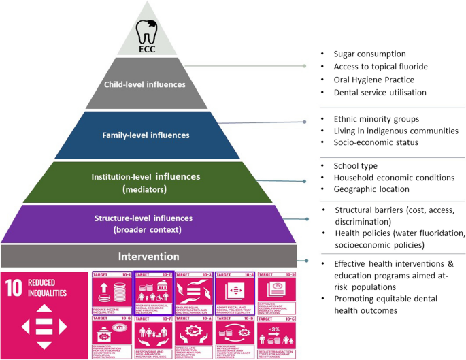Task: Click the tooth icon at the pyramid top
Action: [148, 31]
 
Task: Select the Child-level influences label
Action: [144, 85]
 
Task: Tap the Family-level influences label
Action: [147, 135]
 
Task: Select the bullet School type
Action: [357, 165]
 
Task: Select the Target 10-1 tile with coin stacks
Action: [112, 293]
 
